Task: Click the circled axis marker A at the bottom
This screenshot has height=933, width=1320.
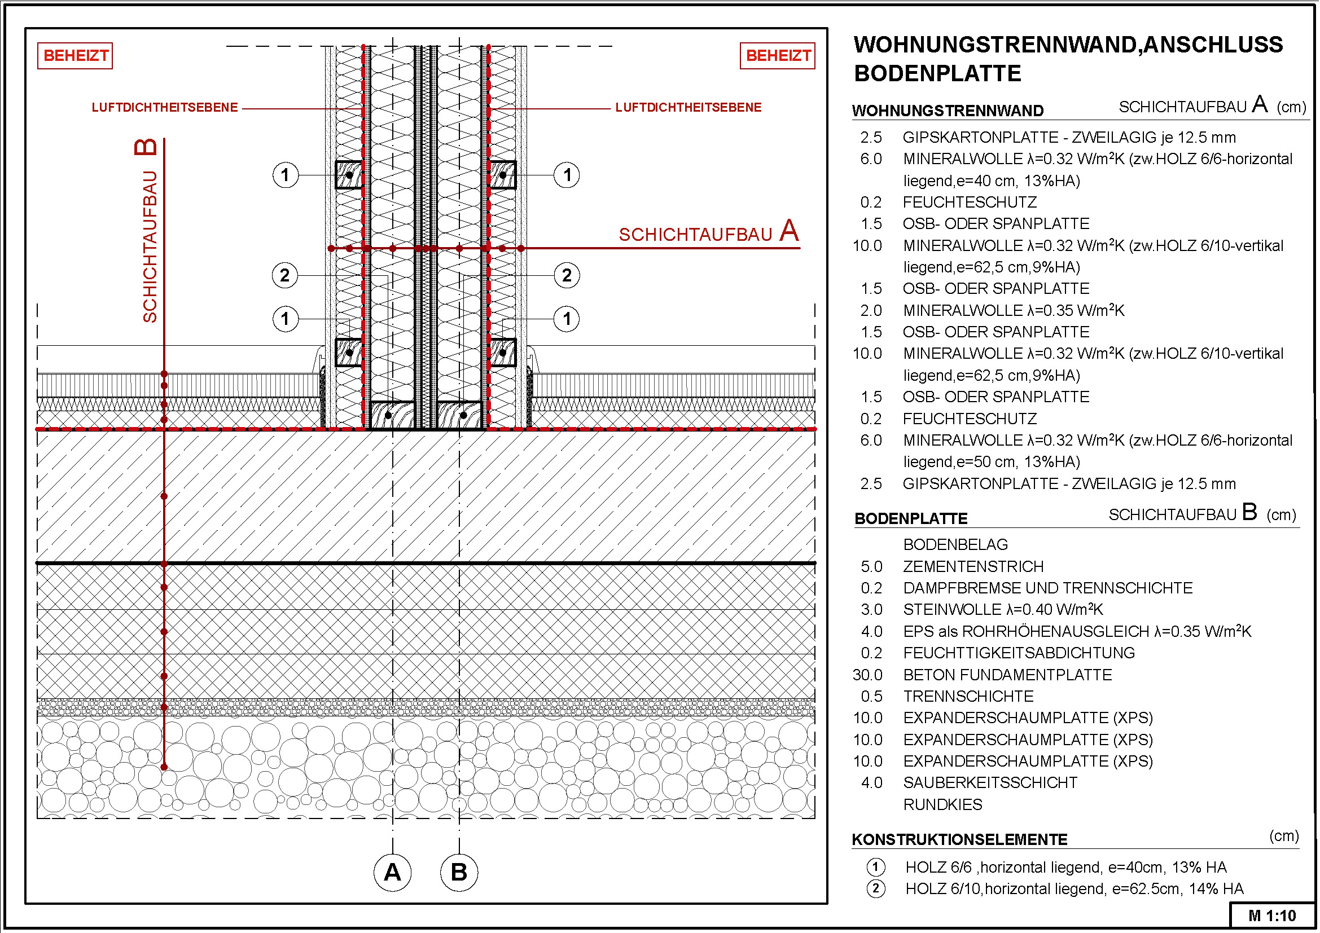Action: [x=392, y=873]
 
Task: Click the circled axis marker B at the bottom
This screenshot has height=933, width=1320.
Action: [x=459, y=873]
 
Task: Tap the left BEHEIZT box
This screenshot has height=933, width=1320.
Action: [x=75, y=56]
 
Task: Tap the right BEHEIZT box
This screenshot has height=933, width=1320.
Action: [x=777, y=56]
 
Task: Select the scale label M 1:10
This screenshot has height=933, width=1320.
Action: [x=1272, y=916]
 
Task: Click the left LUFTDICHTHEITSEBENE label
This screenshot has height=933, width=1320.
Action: [x=164, y=107]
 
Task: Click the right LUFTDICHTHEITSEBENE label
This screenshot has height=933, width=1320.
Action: [x=688, y=107]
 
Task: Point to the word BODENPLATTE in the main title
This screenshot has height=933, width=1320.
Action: [x=937, y=73]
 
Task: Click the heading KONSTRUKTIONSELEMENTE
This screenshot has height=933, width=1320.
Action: [x=959, y=839]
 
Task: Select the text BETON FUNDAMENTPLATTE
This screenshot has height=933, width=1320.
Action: [x=1007, y=675]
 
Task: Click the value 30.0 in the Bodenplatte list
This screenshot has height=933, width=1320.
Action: [x=867, y=675]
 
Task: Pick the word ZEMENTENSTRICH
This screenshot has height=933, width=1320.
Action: [x=973, y=566]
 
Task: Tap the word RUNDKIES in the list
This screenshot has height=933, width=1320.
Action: [x=942, y=804]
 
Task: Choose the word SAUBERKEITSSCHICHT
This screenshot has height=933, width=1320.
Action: [x=990, y=782]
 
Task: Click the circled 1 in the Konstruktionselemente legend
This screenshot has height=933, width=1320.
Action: [x=876, y=867]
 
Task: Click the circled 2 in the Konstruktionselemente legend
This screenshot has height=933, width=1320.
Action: [x=876, y=889]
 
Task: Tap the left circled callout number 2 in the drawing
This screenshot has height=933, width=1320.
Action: [x=284, y=275]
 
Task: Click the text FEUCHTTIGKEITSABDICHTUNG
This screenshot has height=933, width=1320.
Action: [x=1019, y=653]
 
